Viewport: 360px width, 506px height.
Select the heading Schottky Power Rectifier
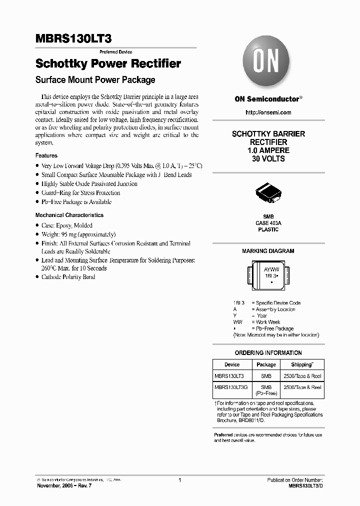[108, 64]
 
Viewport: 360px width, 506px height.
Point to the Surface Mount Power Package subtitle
[95, 80]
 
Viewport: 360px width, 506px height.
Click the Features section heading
[46, 155]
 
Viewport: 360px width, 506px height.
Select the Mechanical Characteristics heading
[69, 215]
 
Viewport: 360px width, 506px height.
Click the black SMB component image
[268, 193]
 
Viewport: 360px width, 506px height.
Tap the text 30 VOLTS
[268, 158]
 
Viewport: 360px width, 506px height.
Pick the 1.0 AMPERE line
[268, 150]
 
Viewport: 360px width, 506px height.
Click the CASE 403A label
[268, 223]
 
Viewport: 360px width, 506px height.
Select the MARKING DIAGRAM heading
[268, 251]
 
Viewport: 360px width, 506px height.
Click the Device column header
[232, 364]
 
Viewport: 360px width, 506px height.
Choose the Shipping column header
[302, 364]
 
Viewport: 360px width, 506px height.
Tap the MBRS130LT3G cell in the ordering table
[232, 387]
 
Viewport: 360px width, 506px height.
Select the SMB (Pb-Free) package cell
[266, 390]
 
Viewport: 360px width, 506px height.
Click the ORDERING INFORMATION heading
[268, 352]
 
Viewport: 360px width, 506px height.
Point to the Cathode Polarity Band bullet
[68, 277]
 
